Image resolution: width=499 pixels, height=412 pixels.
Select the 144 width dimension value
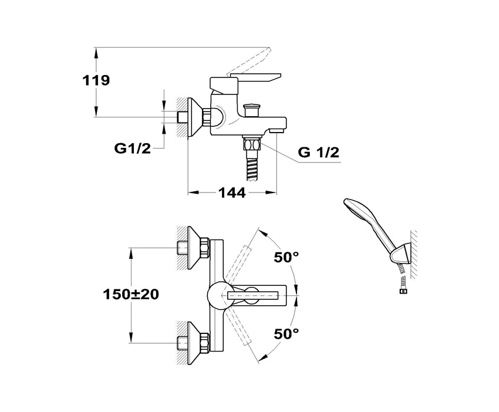pos(231,193)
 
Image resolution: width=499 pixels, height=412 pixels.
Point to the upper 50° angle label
pos(287,256)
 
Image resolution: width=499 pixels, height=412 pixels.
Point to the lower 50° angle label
pos(287,334)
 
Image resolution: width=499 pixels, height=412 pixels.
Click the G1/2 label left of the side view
pos(132,148)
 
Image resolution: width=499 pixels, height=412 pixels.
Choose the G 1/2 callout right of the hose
pos(319,152)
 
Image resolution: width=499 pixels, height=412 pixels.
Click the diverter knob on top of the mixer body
pos(252,109)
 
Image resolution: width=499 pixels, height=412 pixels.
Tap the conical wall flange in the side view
pos(194,117)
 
